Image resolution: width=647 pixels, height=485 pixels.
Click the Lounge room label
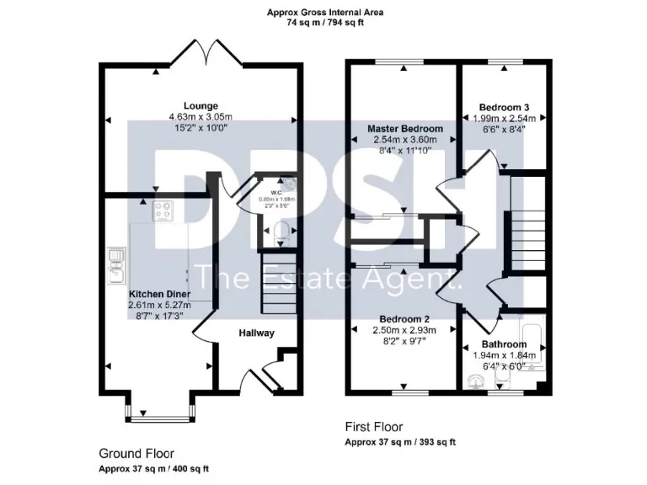[x=201, y=105]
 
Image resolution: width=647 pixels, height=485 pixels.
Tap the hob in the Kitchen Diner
[x=163, y=211]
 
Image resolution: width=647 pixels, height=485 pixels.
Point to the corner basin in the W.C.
[x=290, y=184]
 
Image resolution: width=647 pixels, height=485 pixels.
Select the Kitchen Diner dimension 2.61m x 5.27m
[x=160, y=304]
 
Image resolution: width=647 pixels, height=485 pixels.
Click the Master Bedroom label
[x=404, y=129]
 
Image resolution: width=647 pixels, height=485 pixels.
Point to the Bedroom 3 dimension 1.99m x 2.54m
[x=504, y=120]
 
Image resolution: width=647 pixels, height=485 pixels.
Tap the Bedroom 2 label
[x=404, y=319]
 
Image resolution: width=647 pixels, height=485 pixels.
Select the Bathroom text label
[x=504, y=344]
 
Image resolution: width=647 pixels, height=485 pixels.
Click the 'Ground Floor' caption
[x=136, y=454]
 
